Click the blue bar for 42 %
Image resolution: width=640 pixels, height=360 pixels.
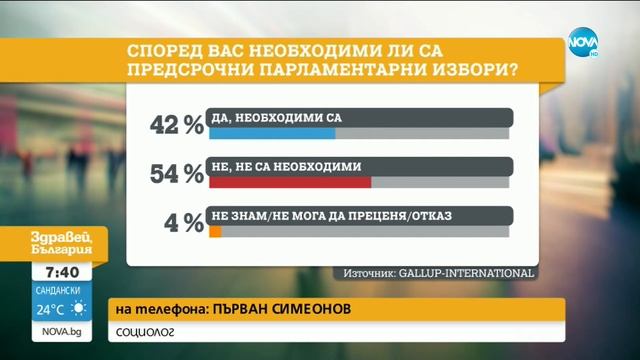pyautogui.click(x=271, y=132)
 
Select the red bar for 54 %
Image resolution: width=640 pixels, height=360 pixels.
pyautogui.click(x=289, y=182)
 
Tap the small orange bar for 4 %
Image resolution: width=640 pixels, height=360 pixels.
pyautogui.click(x=214, y=231)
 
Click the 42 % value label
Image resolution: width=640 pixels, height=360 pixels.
pyautogui.click(x=176, y=125)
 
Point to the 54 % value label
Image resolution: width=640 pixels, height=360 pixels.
pyautogui.click(x=176, y=174)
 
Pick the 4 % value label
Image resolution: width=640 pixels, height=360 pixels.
pyautogui.click(x=184, y=223)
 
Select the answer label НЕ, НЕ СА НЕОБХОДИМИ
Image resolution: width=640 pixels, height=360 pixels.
pyautogui.click(x=286, y=167)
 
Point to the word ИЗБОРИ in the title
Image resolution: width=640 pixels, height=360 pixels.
pyautogui.click(x=455, y=72)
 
